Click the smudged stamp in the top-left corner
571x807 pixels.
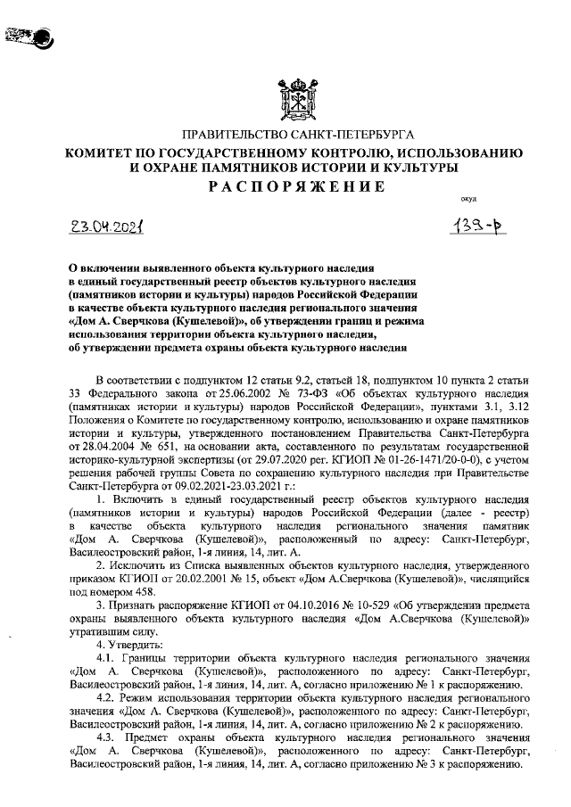(x=29, y=37)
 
